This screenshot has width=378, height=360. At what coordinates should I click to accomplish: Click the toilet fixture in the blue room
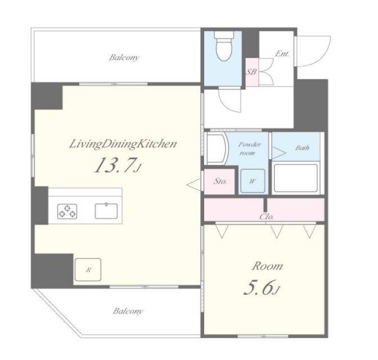coord(224,46)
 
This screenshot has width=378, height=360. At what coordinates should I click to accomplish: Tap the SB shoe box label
coord(251,72)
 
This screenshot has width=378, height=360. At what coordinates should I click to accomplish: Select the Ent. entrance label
coord(282,53)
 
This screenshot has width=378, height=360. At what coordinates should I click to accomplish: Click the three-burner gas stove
coord(67,211)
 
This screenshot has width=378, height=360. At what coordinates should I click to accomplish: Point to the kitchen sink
coord(106,211)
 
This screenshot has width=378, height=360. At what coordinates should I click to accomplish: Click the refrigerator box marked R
coord(88,269)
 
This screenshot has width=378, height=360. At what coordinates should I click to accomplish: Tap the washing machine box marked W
coord(253,181)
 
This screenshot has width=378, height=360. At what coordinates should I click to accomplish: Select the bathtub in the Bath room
coord(296,178)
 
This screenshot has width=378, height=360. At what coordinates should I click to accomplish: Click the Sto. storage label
coord(220,181)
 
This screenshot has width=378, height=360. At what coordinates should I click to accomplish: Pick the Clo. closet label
coord(267,217)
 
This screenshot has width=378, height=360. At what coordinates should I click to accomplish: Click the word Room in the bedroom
coord(268,266)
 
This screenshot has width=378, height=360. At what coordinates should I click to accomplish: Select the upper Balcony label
coord(124,57)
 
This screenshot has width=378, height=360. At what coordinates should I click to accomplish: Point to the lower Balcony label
coord(128,311)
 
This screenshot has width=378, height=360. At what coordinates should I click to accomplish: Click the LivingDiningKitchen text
coord(123,144)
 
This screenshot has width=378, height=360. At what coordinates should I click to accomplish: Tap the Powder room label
coord(250,148)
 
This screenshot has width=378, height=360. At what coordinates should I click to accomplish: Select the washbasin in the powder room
coord(217,148)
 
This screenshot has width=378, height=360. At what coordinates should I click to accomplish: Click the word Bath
coord(302,147)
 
